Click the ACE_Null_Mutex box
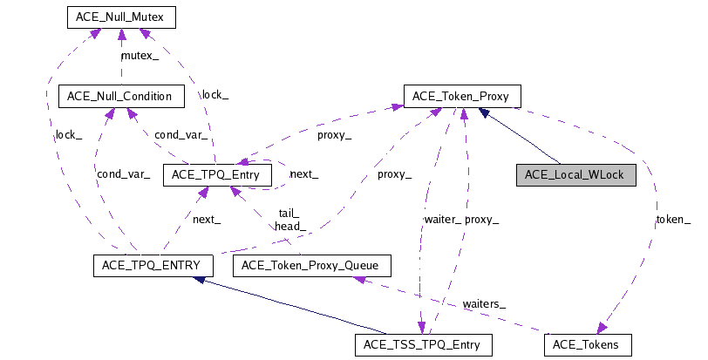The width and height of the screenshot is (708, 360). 120,17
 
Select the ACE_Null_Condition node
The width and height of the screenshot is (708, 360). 120,96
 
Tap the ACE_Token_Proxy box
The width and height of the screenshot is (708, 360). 461,96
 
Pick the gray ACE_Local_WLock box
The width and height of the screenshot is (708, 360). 575,175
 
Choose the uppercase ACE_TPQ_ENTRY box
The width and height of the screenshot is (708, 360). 147,265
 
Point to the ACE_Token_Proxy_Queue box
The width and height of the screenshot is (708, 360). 310,265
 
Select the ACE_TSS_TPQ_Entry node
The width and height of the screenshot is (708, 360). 423,345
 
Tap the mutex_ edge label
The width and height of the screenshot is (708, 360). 140,56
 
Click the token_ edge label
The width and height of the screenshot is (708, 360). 674,220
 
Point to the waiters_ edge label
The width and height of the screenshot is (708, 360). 484,303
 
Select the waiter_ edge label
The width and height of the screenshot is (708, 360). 444,220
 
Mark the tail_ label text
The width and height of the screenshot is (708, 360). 289,214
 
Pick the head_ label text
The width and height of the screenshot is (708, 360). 289,227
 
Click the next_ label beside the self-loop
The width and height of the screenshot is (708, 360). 303,174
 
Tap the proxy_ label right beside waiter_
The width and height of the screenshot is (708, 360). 482,220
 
